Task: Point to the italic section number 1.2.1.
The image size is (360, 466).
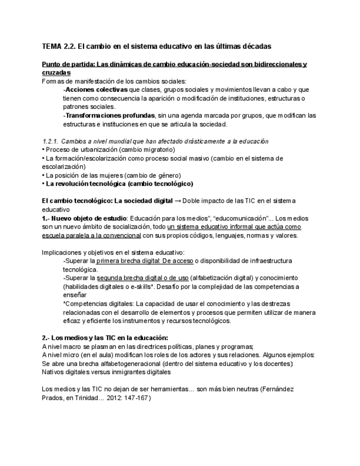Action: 52,141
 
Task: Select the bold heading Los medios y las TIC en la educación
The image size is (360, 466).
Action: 109,337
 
